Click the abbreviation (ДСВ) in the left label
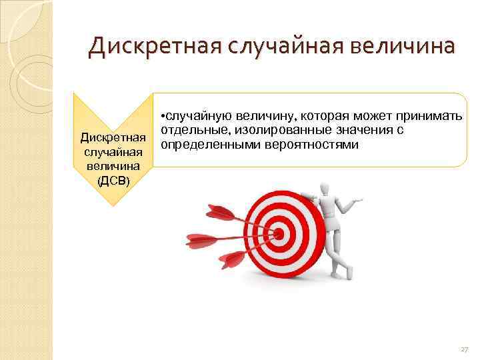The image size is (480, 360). (113, 181)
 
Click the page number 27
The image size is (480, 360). (464, 348)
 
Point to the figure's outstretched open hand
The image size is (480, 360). (360, 199)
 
